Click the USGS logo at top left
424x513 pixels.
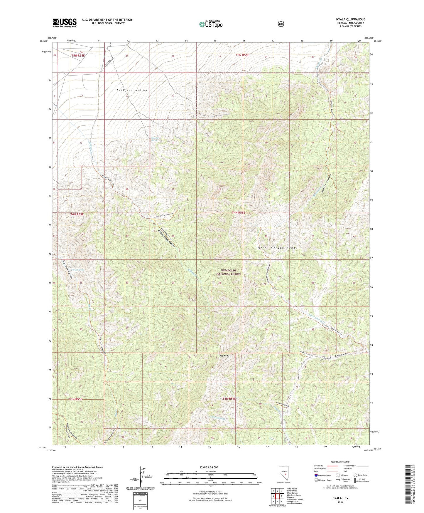coord(65,22)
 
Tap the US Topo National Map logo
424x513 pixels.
coord(210,24)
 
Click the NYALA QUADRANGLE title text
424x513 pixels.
coord(350,19)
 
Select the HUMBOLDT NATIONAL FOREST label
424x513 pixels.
coord(229,272)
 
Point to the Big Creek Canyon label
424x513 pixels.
coord(67,270)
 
